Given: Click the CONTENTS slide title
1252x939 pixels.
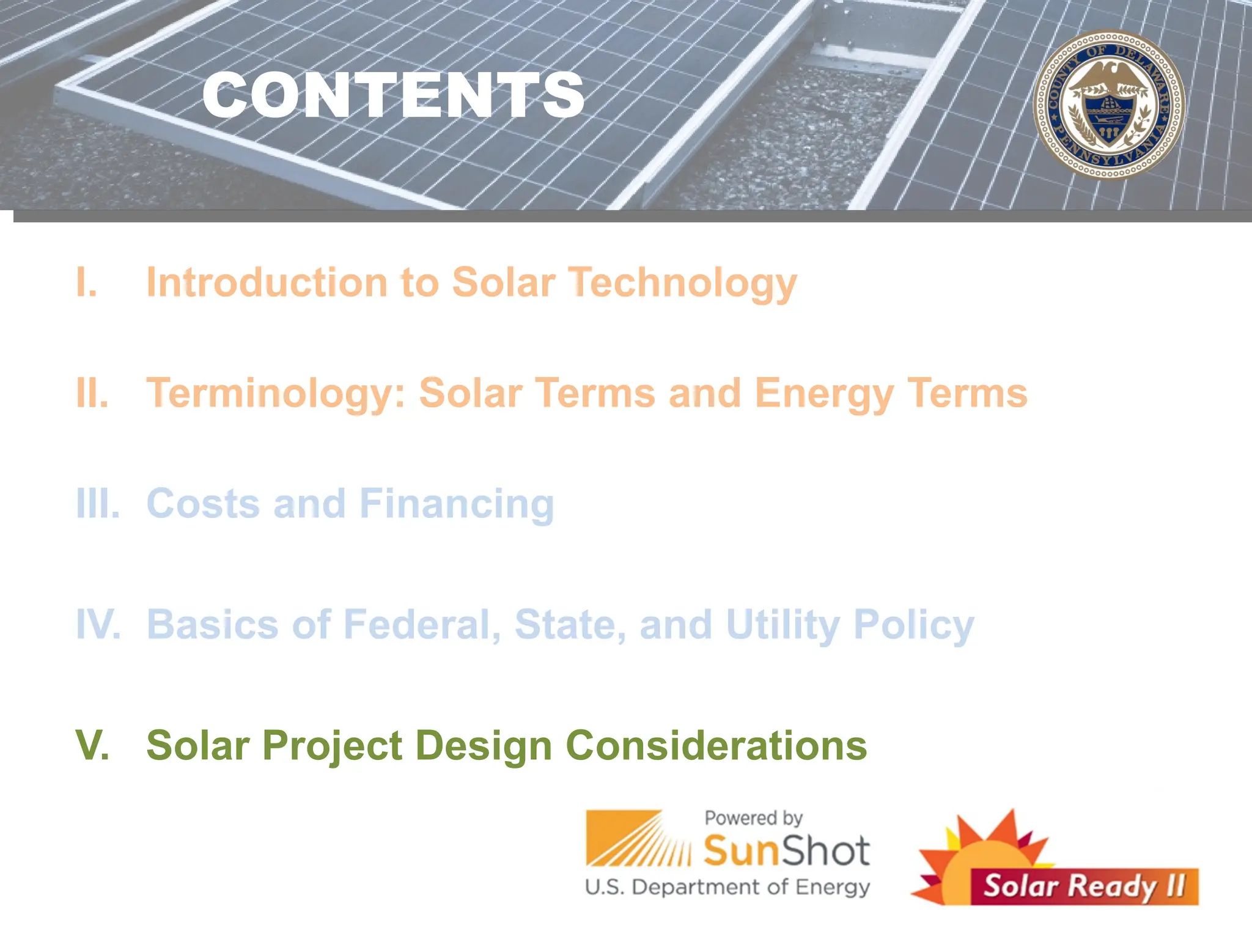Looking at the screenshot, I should pos(393,95).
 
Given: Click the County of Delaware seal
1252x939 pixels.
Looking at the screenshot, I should pos(1109,105).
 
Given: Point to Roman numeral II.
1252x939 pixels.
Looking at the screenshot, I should pos(92,393).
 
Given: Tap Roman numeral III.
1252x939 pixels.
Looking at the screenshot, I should pos(98,504).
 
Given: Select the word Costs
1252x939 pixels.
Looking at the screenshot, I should pos(204,504).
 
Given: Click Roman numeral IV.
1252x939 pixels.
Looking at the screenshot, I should pos(98,625).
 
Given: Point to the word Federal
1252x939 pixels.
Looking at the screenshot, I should pos(422,625).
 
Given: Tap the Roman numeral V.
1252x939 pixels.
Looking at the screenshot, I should pos(92,745).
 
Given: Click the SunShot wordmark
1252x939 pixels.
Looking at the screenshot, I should pos(787,850).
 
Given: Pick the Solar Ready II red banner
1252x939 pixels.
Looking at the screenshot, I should pos(1084,886).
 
